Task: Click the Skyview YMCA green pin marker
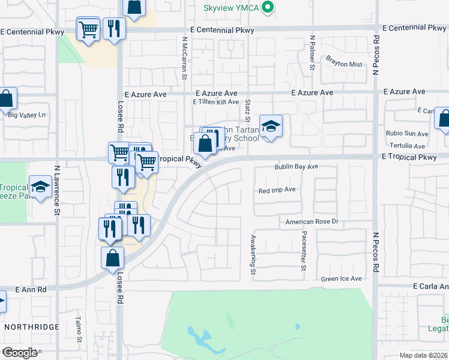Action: point(269,8)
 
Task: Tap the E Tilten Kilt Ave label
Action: point(215,102)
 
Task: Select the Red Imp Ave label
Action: point(277,190)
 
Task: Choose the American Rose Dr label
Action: point(312,222)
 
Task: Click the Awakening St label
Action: point(253,256)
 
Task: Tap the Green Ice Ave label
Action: point(341,278)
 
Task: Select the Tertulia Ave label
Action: point(408,146)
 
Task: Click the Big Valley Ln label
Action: point(26,114)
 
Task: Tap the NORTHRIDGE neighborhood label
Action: point(32,327)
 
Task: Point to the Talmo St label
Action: point(79,329)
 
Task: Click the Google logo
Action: point(20,352)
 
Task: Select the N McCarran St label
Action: point(185,58)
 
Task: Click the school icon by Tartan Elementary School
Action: point(271,126)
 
